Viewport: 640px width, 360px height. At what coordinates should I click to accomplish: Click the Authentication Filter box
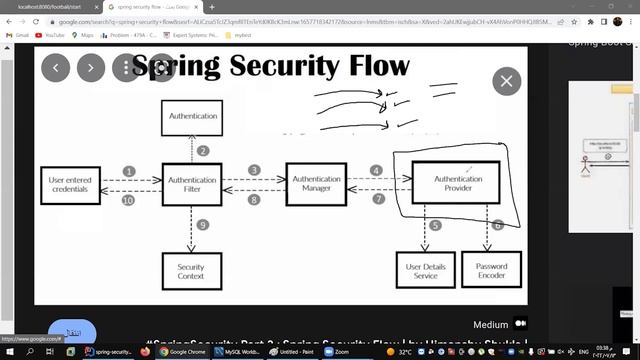point(193,185)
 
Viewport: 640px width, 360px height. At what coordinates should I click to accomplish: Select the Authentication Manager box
point(316,184)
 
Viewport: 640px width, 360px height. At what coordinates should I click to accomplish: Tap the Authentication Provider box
point(458,184)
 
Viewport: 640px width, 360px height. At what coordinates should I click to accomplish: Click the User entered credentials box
point(70,185)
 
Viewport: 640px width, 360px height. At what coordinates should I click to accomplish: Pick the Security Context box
point(191,271)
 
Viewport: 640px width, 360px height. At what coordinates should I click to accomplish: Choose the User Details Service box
point(424,271)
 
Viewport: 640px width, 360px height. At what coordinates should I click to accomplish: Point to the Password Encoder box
point(491,271)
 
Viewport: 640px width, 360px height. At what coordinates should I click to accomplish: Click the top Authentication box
point(193,117)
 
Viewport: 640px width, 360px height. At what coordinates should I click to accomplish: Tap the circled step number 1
point(129,172)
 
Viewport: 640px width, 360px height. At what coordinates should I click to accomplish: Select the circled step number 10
point(128,201)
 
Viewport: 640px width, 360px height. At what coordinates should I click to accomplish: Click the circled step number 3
point(254,171)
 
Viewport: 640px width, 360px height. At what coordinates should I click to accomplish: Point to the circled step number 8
point(254,200)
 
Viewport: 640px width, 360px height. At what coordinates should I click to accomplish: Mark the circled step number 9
point(203,225)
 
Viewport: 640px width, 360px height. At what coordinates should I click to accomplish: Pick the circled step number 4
point(377,171)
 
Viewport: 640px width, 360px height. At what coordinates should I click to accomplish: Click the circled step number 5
point(435,226)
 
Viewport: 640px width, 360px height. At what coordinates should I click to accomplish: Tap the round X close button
point(507,81)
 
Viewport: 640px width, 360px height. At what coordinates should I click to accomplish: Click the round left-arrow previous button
point(56,67)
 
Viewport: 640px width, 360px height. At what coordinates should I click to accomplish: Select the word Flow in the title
point(365,66)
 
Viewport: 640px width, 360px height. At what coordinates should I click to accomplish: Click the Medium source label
point(491,324)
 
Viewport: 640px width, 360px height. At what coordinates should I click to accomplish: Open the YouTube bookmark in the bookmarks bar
point(53,35)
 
